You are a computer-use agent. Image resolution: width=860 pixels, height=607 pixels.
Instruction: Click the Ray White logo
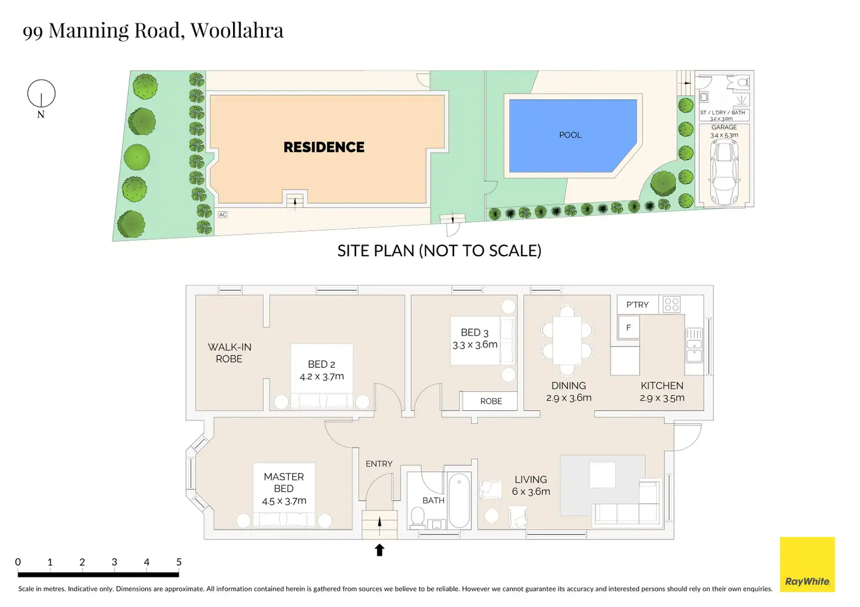tap(807, 564)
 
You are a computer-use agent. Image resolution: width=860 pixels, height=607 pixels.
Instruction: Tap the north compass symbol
tap(41, 94)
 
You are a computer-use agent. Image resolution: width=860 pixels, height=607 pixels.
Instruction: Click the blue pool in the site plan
tap(570, 135)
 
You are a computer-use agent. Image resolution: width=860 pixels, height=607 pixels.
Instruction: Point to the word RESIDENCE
tap(324, 147)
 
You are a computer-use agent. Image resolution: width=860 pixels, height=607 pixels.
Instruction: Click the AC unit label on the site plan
tap(223, 215)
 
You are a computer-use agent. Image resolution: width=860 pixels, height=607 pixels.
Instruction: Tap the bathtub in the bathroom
tap(459, 500)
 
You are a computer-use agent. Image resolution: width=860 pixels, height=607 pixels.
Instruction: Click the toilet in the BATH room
tap(418, 516)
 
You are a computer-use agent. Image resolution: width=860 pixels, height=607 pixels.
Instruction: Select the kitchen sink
tap(694, 345)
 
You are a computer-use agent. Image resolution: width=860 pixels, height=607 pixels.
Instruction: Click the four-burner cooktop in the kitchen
tap(671, 305)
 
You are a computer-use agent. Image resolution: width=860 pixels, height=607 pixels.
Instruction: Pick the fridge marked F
tap(629, 327)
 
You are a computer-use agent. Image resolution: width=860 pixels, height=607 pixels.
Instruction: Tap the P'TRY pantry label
tap(637, 305)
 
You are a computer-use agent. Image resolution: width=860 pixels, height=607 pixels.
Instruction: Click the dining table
tap(567, 340)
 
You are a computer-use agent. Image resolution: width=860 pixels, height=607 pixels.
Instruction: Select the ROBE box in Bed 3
tap(491, 401)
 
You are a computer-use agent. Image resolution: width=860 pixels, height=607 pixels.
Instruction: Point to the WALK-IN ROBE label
tap(230, 353)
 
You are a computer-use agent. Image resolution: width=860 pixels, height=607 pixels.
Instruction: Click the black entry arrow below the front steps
tap(380, 550)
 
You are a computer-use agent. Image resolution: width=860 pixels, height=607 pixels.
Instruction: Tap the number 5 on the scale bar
tap(179, 562)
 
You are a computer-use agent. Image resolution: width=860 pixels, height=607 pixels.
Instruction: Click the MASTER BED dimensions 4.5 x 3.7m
tap(284, 501)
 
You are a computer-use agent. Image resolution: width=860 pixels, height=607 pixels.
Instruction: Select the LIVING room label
tap(530, 479)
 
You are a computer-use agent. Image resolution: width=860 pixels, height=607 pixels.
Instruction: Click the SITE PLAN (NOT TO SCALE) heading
tap(439, 250)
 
